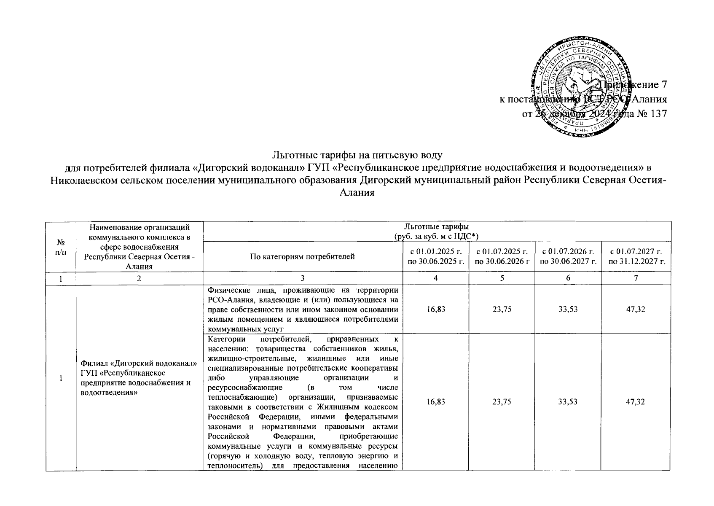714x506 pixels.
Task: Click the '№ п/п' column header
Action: pos(61,246)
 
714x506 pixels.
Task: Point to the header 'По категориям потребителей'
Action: pos(303,256)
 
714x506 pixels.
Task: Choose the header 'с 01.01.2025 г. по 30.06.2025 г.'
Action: pos(436,256)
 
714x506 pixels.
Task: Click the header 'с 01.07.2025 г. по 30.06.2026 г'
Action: pos(502,256)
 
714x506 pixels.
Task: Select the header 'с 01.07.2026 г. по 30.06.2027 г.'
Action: pos(568,256)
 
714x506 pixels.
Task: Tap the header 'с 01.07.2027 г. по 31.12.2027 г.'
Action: pos(636,256)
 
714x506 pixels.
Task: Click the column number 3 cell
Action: pos(303,278)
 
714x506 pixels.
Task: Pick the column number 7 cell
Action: pos(636,278)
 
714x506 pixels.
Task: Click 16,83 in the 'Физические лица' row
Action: pos(436,310)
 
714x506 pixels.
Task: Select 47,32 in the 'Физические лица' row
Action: pos(636,310)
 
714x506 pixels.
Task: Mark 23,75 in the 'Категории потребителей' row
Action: pos(502,402)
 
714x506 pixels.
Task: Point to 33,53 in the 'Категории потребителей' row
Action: pos(568,402)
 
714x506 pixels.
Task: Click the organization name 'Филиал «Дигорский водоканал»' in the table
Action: pos(139,364)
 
